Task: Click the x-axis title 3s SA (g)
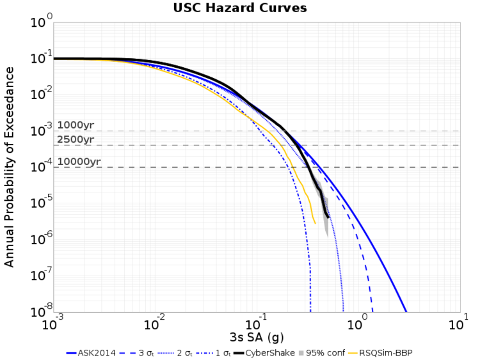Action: coord(256,337)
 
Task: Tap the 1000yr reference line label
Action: coord(76,125)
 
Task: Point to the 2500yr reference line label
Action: coord(76,139)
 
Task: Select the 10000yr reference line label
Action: coord(79,162)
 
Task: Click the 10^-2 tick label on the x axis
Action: coord(154,322)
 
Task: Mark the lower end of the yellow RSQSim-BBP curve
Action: coord(315,223)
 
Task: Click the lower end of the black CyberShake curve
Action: coord(328,217)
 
